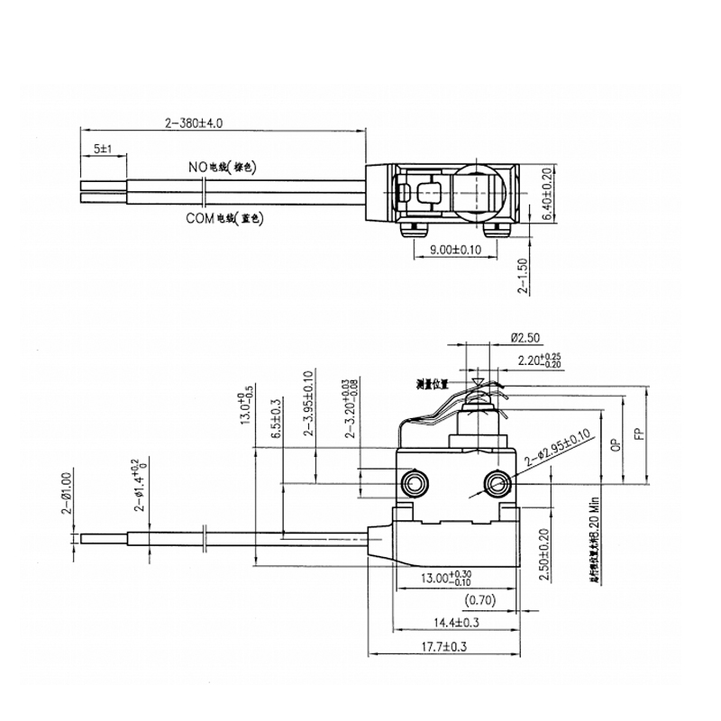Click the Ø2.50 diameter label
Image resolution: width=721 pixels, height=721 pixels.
525,338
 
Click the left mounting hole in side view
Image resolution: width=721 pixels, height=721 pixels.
415,482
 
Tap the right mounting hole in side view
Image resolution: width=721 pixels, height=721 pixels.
496,484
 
